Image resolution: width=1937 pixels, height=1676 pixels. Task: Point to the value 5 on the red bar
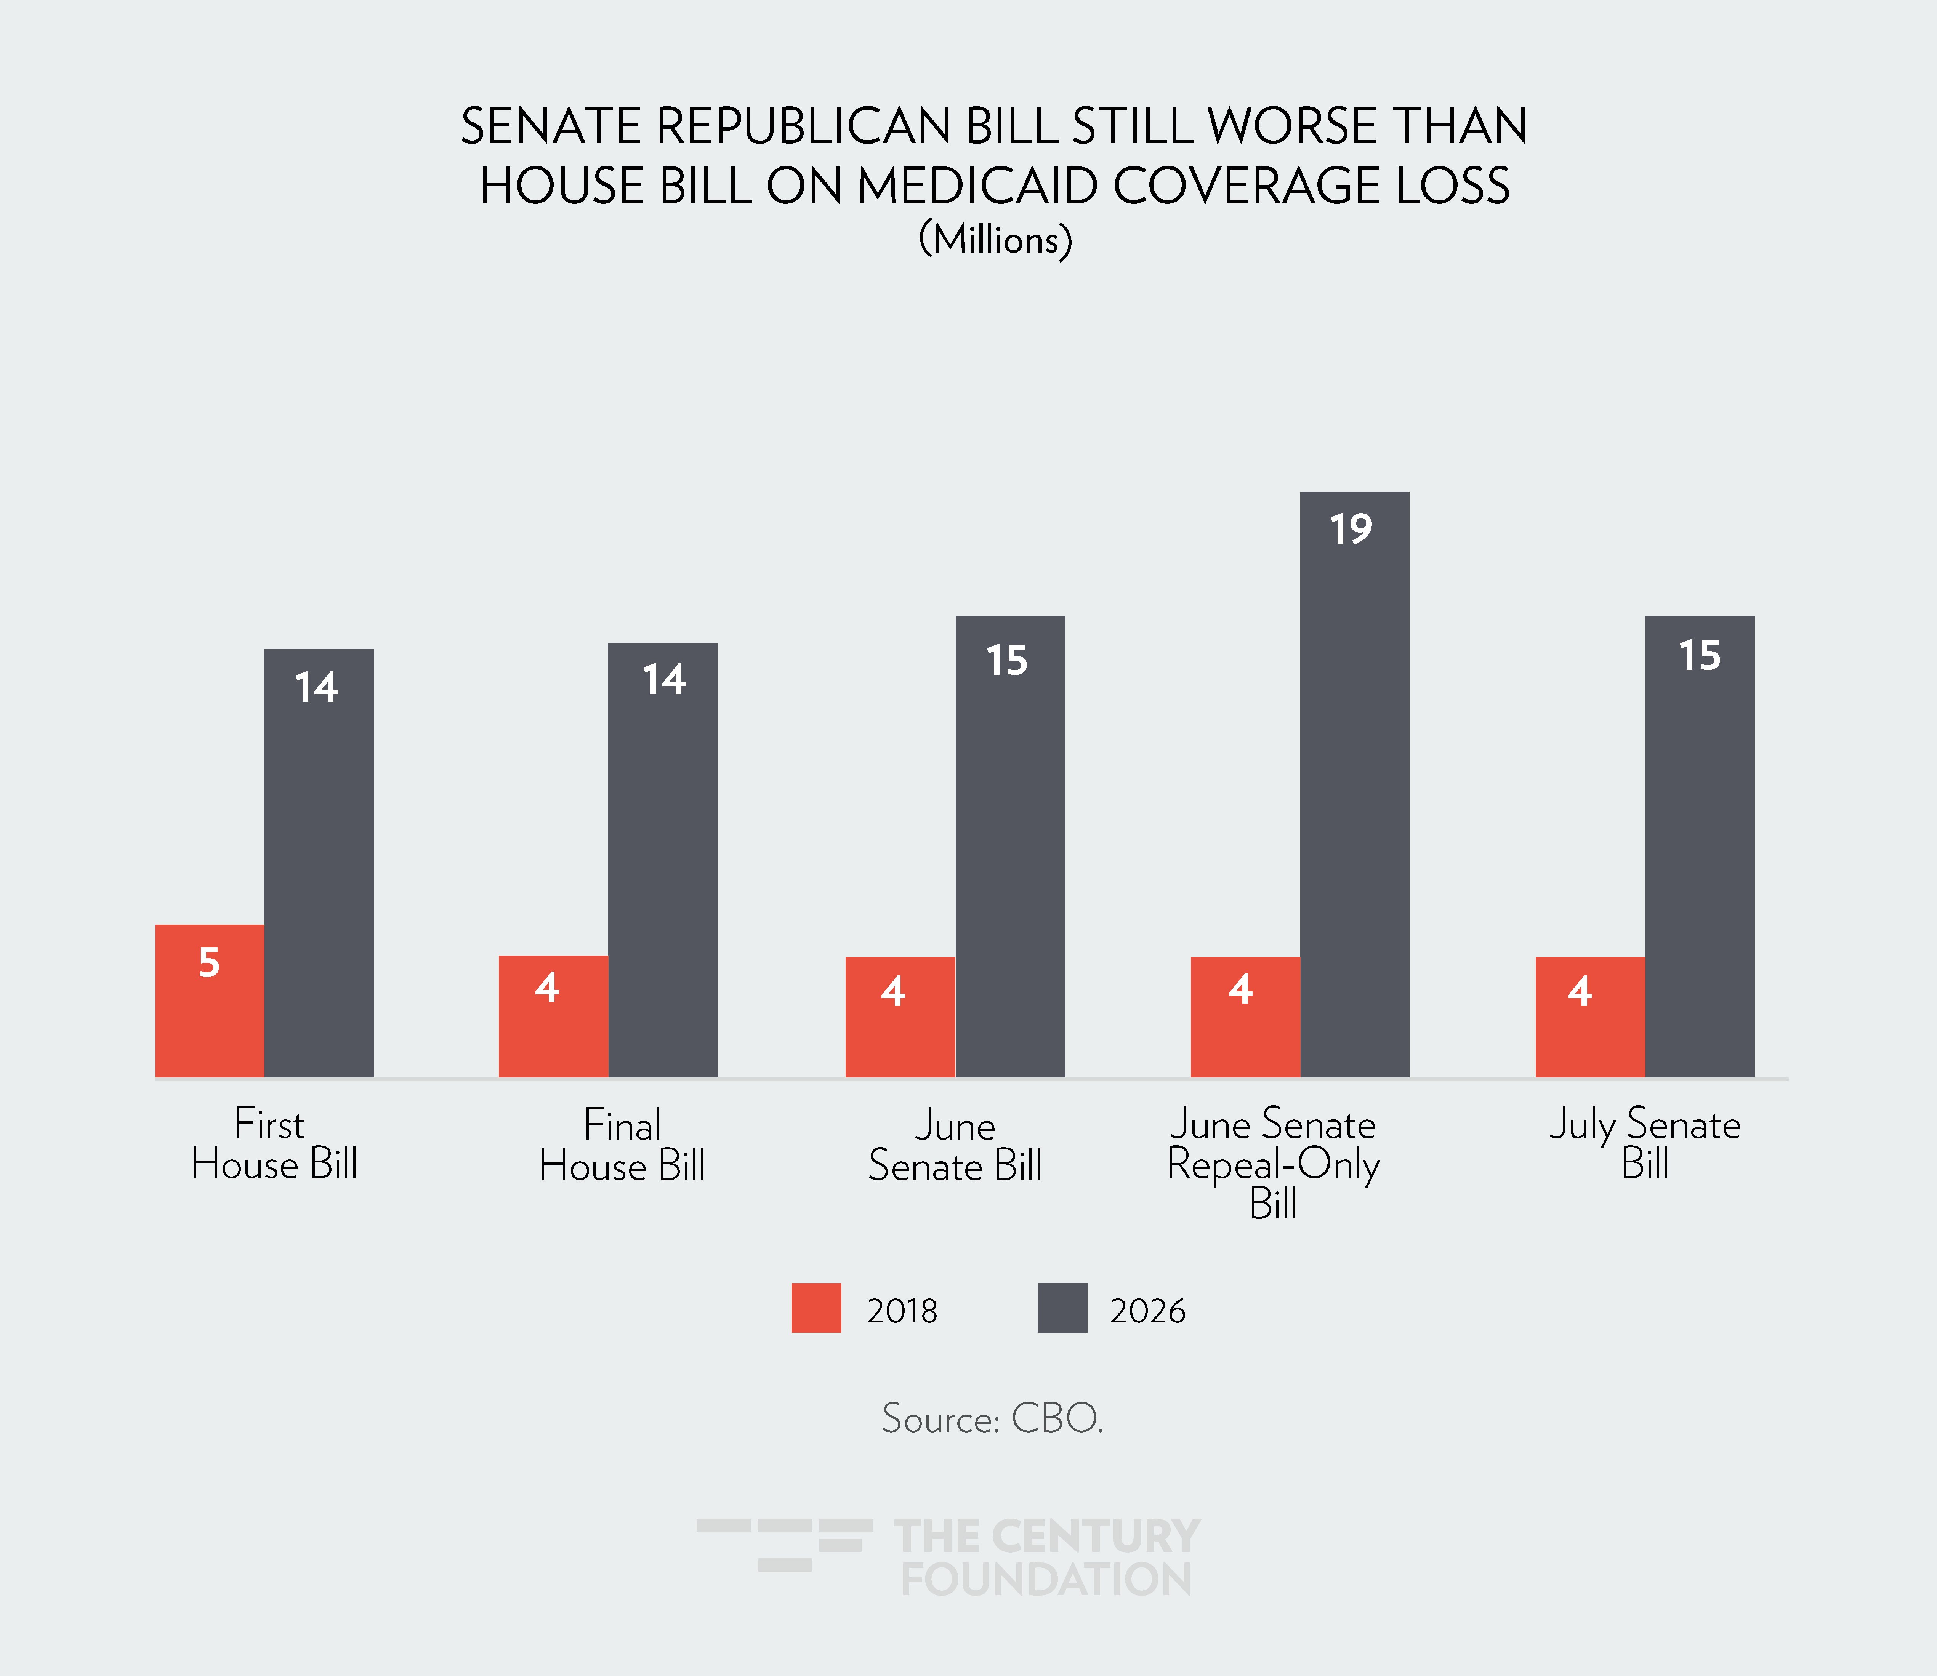tap(210, 962)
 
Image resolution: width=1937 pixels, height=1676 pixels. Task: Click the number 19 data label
tap(1352, 529)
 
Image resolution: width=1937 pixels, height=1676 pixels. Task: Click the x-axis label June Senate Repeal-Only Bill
tap(1273, 1162)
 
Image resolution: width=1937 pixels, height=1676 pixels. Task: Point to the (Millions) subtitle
tap(995, 239)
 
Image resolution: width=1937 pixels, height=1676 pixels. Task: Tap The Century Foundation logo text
tap(1046, 1557)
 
